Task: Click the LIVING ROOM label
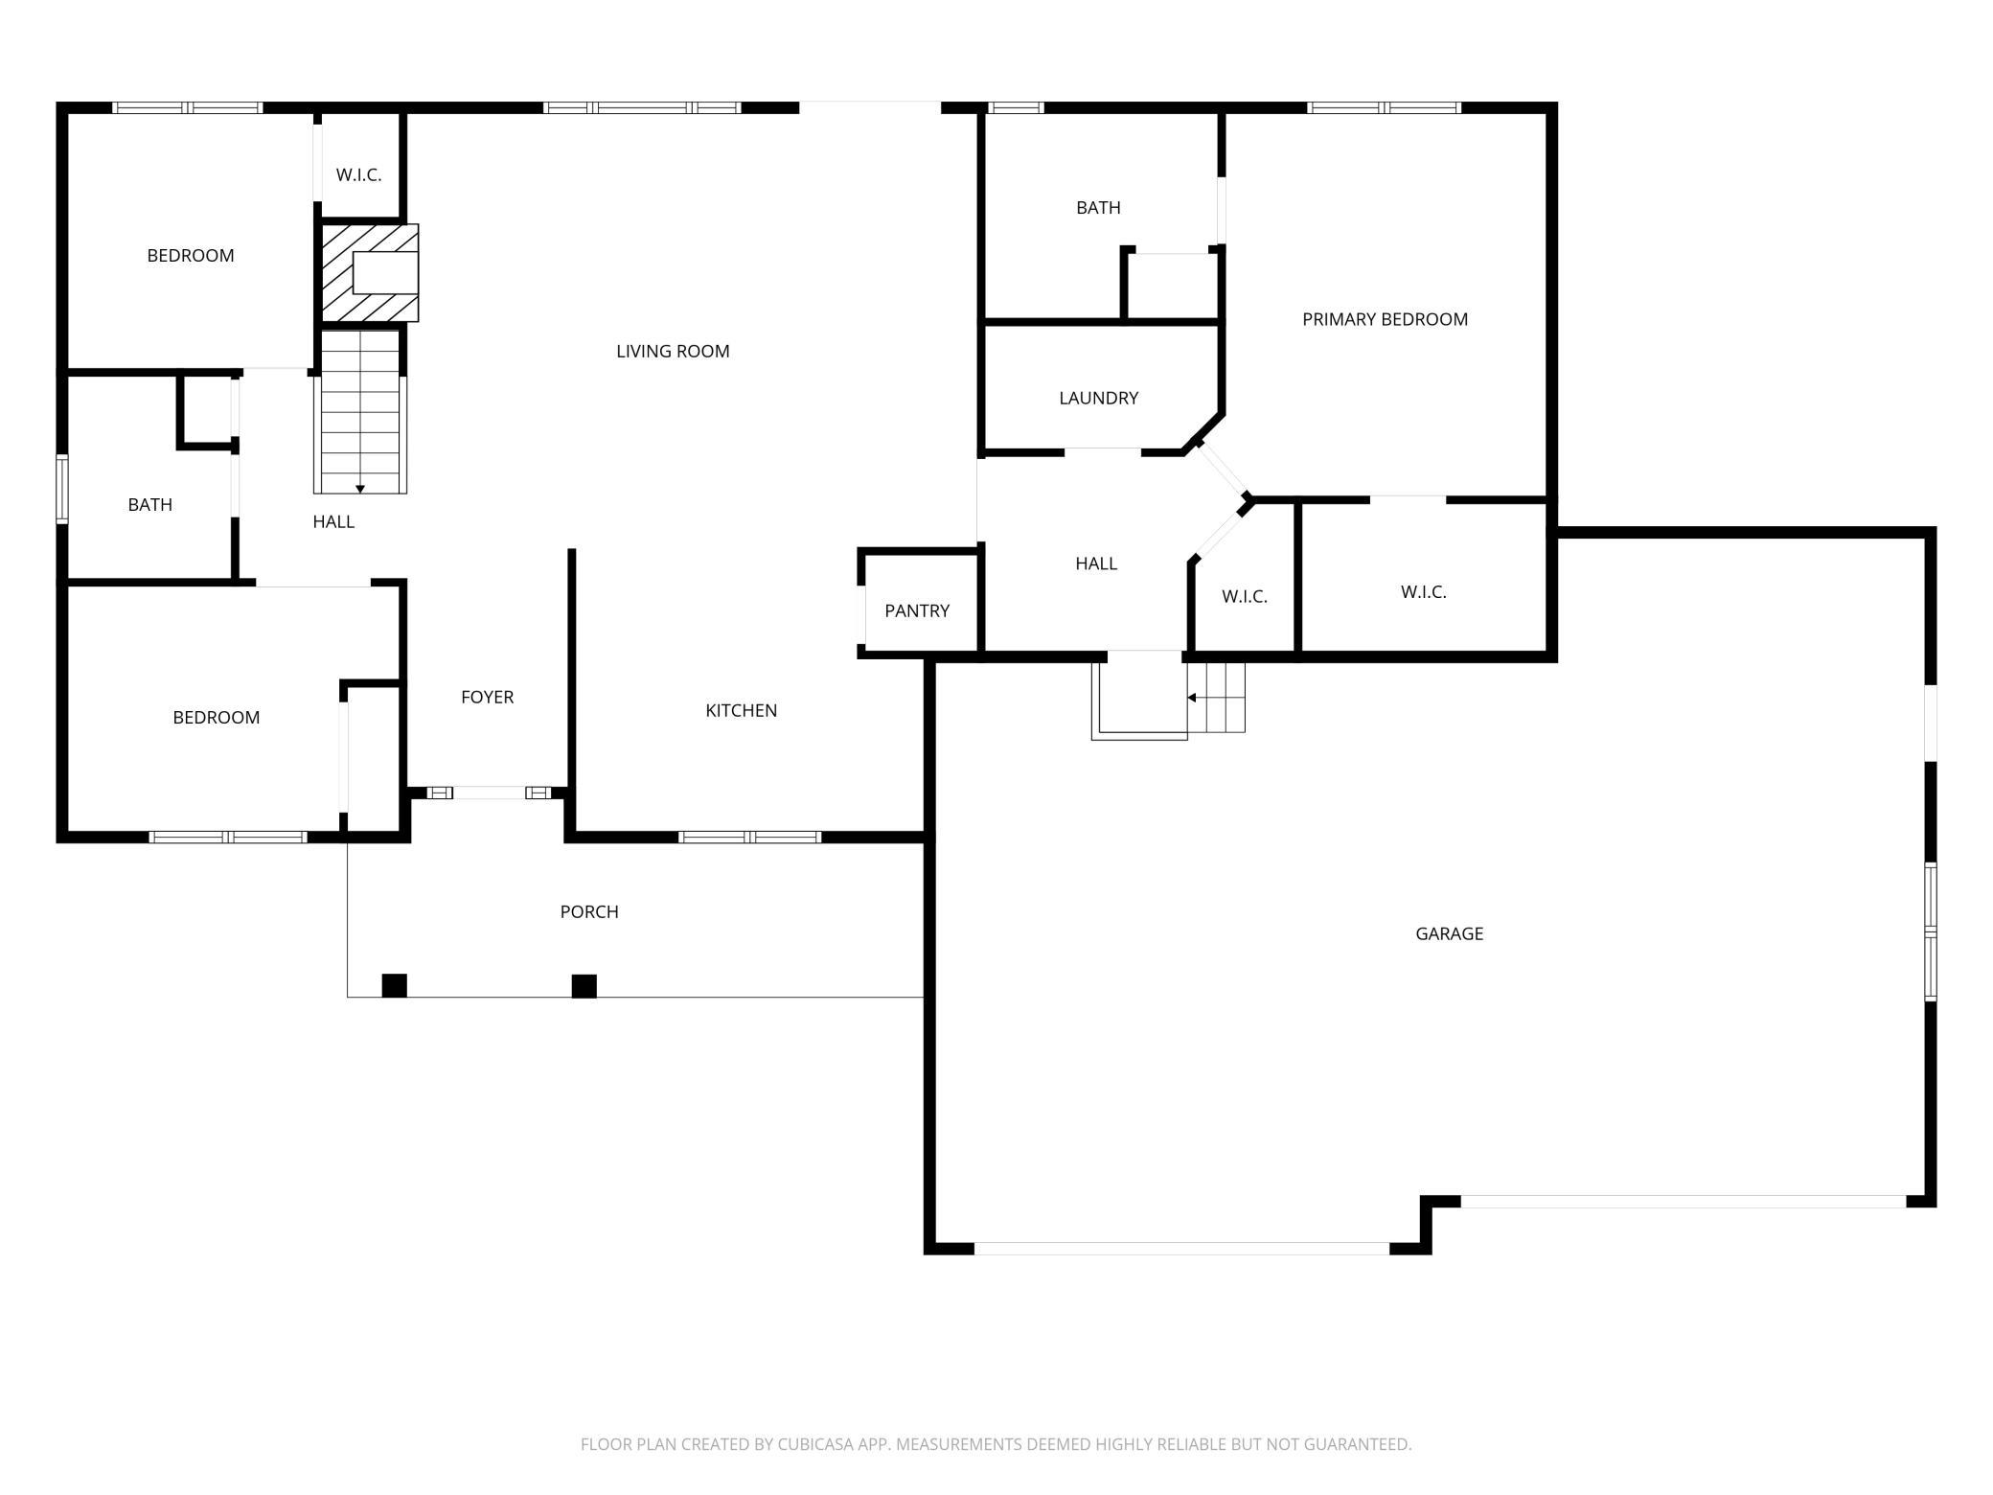673,352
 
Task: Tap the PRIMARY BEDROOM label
1385,320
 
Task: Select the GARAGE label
1449,933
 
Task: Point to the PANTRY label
917,610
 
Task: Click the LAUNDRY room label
1098,398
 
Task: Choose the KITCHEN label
741,710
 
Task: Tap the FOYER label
487,697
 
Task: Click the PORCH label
589,911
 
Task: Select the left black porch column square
395,985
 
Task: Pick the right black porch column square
584,986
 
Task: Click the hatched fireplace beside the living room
369,273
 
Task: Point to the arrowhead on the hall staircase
360,490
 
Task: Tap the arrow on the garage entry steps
1216,698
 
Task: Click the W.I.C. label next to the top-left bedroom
358,175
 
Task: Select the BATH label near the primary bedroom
1098,208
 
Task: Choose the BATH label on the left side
150,505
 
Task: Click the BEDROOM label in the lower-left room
216,718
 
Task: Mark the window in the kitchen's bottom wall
750,838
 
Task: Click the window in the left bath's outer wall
62,489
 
